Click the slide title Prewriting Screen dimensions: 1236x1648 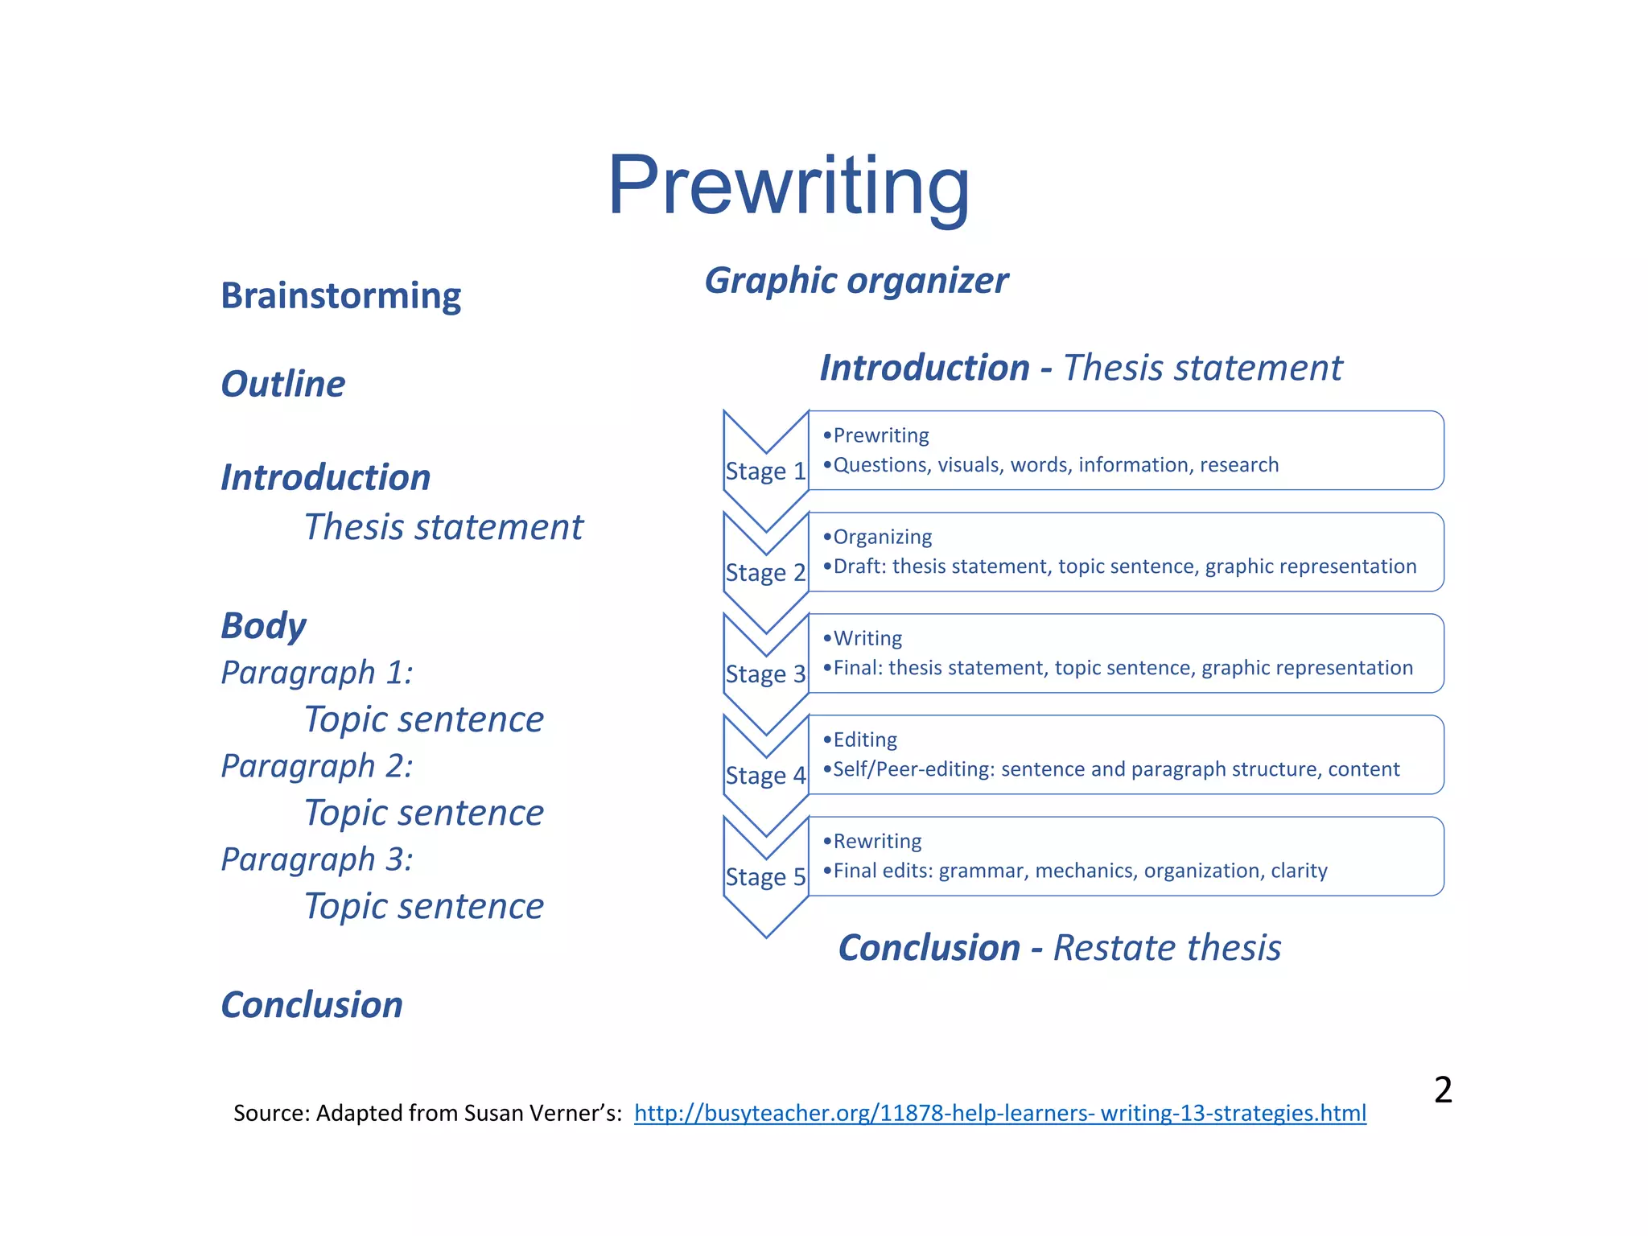point(788,187)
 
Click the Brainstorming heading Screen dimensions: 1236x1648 point(340,295)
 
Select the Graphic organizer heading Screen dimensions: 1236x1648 point(856,281)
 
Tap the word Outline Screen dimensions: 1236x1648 point(283,384)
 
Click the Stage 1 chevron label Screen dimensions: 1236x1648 point(765,471)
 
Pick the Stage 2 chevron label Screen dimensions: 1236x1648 point(765,572)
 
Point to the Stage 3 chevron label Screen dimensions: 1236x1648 point(765,674)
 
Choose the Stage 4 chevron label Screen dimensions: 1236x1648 point(765,775)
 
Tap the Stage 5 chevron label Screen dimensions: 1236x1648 point(765,876)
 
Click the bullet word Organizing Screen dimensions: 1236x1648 point(882,537)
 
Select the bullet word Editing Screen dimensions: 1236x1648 point(865,740)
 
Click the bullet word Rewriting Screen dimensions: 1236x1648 point(877,841)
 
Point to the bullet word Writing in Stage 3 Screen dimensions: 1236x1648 point(867,638)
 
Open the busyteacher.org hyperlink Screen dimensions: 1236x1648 point(999,1113)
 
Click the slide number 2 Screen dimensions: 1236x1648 point(1443,1090)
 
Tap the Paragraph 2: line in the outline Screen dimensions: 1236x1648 point(317,766)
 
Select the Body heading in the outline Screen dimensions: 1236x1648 point(263,626)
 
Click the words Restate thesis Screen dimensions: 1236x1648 point(1167,948)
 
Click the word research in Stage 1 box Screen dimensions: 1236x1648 point(1239,465)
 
